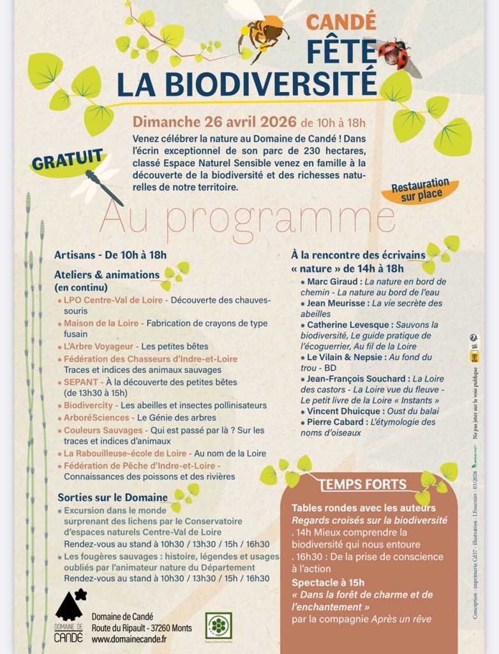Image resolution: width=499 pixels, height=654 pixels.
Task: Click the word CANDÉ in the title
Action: click(341, 22)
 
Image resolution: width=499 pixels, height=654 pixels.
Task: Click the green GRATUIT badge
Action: click(67, 162)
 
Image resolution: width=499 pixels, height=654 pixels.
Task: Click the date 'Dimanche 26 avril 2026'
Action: click(205, 122)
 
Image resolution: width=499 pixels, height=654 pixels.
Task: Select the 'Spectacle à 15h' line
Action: click(328, 582)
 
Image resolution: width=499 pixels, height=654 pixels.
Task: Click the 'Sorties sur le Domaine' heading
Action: click(113, 497)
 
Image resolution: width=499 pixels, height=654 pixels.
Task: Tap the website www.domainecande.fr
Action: click(129, 639)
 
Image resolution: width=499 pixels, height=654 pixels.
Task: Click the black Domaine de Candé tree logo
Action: click(70, 607)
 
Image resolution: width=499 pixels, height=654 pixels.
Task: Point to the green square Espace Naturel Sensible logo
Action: click(218, 626)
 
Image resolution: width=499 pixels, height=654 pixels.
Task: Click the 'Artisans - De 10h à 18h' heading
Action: click(110, 255)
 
